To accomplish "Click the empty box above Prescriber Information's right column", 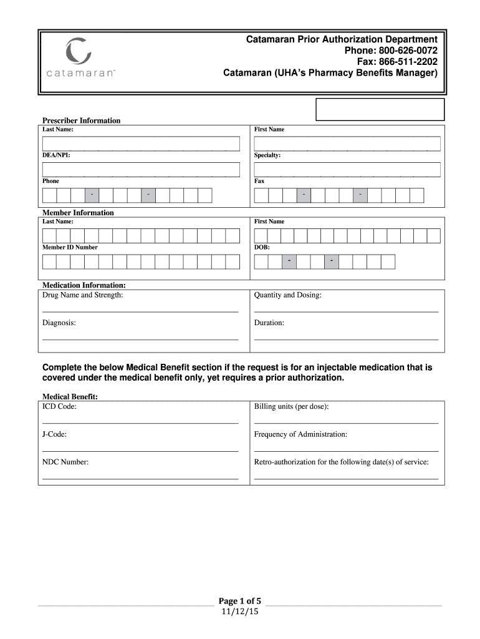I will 380,109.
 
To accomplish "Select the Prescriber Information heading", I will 81,120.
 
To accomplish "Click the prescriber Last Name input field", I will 141,144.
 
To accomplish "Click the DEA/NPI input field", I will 141,169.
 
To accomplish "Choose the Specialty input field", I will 347,169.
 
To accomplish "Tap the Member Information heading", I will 78,213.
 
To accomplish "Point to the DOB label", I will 262,247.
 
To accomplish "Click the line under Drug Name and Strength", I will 140,311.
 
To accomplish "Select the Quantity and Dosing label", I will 287,295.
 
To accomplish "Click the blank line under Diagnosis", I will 140,339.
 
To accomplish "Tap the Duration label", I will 269,323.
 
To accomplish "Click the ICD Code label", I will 59,407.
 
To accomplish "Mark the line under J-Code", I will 140,450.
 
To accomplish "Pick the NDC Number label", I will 65,462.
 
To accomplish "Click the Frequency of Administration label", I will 300,434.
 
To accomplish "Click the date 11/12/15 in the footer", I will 239,612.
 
